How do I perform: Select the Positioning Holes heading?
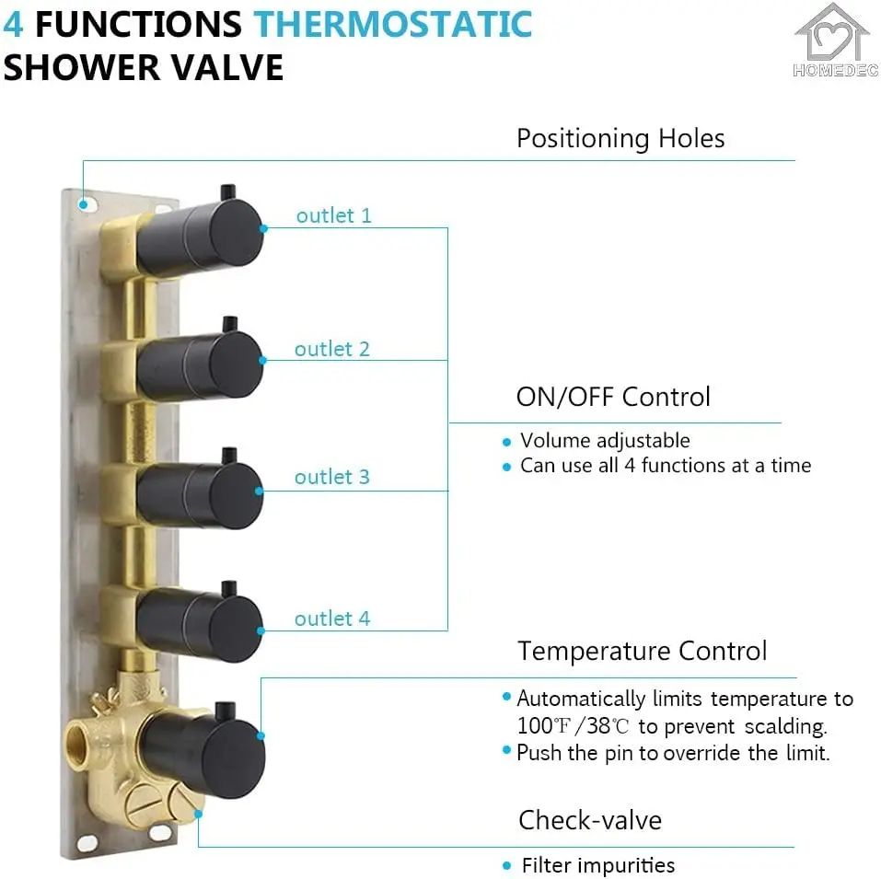(620, 139)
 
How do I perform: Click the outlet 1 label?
(333, 216)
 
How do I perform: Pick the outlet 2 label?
(331, 350)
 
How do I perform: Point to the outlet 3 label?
(331, 477)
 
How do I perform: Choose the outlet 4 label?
(331, 619)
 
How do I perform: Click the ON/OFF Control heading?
(613, 398)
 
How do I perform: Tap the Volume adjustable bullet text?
(605, 441)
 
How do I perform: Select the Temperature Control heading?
(642, 652)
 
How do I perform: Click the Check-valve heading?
(589, 820)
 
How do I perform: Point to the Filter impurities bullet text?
(597, 866)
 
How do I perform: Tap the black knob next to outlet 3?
(201, 493)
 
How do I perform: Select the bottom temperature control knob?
(204, 746)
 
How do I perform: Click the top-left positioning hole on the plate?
(84, 204)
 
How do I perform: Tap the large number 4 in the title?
(13, 24)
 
